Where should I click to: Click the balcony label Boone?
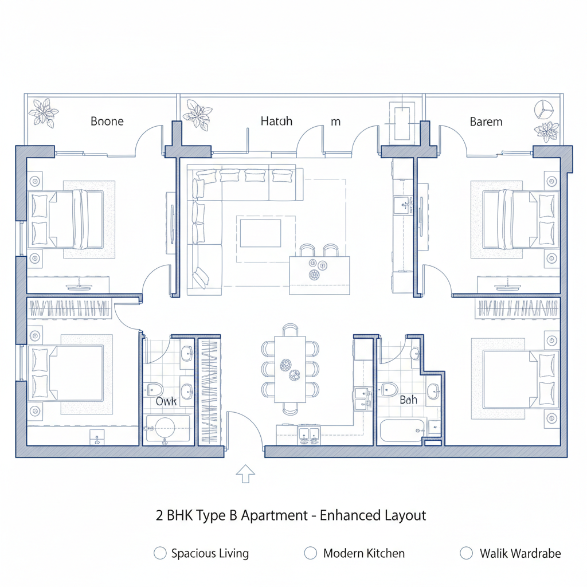tap(107, 122)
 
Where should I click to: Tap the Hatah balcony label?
tap(276, 122)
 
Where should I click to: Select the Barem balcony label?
tap(486, 122)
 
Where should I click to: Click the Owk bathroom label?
tap(166, 402)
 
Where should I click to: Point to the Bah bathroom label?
tap(408, 400)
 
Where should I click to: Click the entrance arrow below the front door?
tap(246, 473)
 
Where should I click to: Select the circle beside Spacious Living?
tap(161, 553)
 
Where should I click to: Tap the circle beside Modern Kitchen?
tap(310, 553)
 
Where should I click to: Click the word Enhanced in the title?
tap(349, 515)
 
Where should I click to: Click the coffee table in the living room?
tap(260, 232)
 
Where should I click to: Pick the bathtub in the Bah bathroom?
tap(402, 429)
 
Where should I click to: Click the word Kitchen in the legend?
tap(384, 553)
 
